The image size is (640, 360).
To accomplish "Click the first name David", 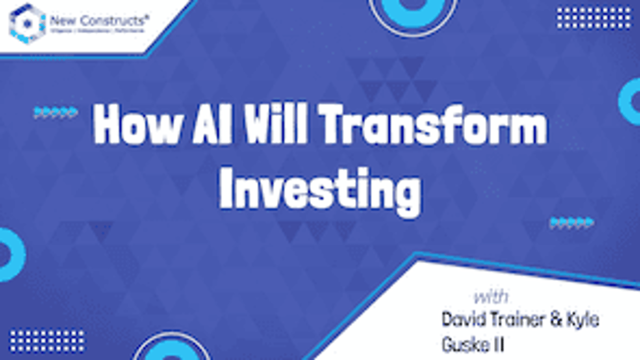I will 463,320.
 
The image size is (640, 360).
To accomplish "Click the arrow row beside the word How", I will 55,113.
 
